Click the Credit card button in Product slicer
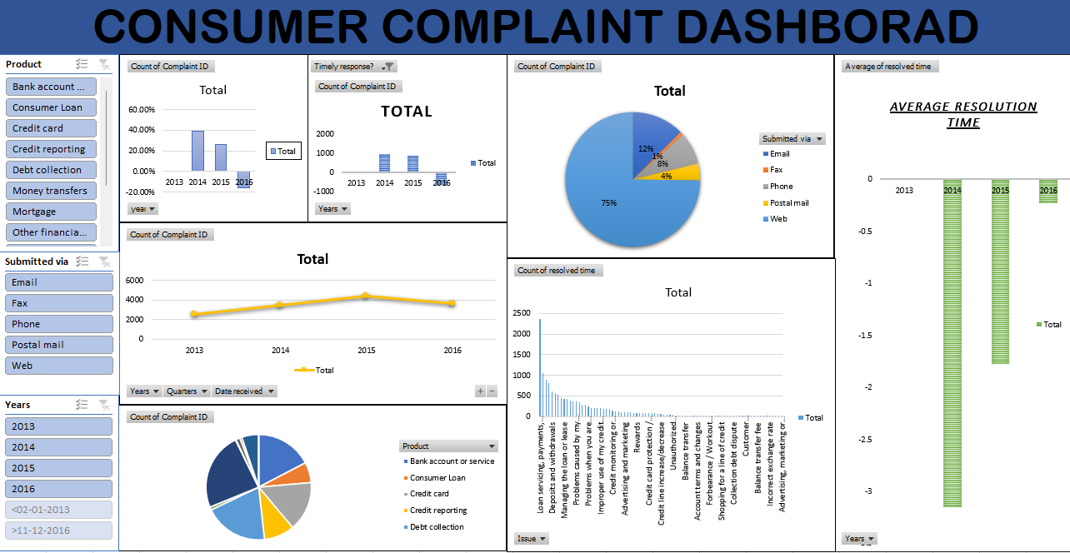[x=50, y=128]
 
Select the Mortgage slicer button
[x=50, y=212]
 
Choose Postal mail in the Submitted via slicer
[x=57, y=345]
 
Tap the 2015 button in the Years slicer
[x=57, y=468]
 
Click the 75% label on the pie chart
[x=609, y=202]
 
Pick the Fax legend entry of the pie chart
[x=776, y=170]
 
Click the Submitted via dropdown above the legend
[x=792, y=139]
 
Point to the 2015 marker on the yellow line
[x=366, y=296]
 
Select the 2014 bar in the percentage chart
[x=197, y=151]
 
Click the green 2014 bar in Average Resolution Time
[x=952, y=342]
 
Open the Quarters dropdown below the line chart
[x=186, y=391]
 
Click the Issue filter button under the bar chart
[x=532, y=539]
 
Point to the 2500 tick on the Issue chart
[x=520, y=313]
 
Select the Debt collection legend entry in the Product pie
[x=437, y=527]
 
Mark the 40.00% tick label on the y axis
[x=141, y=130]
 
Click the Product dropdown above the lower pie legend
[x=448, y=446]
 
